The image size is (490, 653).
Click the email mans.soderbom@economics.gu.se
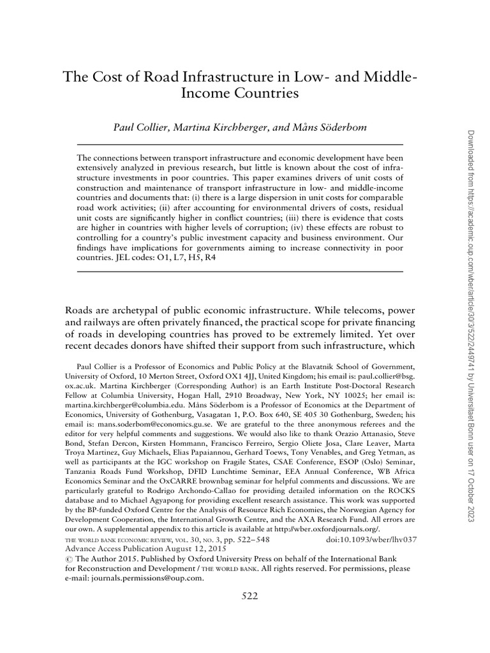[144, 423]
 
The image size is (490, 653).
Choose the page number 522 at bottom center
[249, 596]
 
